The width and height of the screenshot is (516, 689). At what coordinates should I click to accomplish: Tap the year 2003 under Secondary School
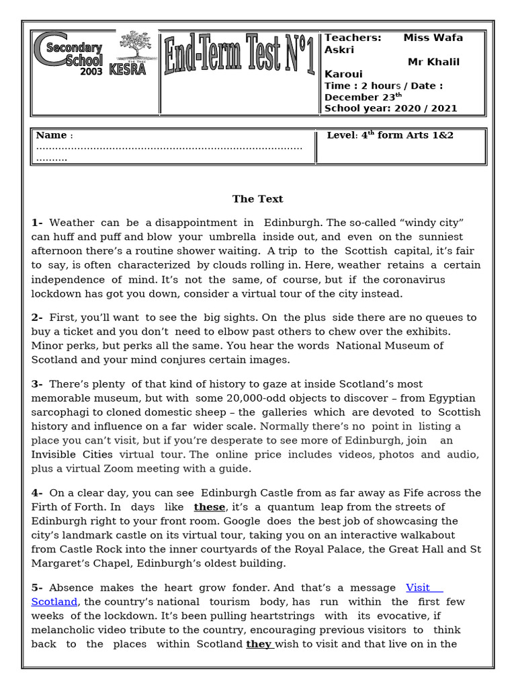[91, 71]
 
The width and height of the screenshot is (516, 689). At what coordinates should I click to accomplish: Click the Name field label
[51, 135]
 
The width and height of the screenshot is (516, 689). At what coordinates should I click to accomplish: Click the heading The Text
[257, 199]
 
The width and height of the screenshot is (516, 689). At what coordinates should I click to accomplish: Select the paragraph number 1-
[37, 223]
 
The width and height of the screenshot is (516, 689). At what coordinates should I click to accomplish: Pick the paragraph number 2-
[37, 318]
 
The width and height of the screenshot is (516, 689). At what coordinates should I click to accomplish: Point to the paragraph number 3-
[37, 384]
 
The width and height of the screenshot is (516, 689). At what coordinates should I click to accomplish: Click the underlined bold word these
[209, 507]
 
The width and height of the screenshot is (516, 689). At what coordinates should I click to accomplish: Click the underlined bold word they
[259, 644]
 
